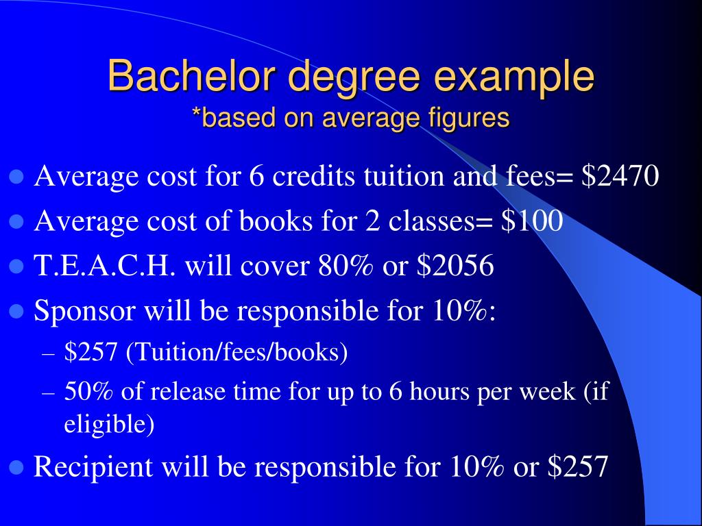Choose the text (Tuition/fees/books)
237,353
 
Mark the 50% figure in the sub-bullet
85,392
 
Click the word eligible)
109,425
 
